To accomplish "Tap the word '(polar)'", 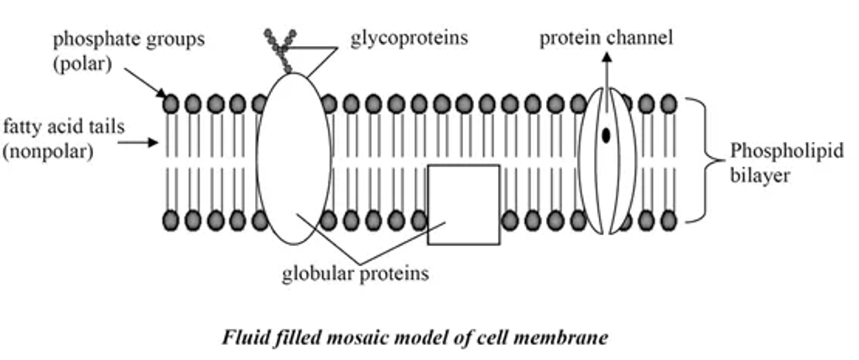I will [82, 63].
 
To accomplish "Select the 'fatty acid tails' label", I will [63, 128].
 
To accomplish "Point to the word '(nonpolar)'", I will [46, 153].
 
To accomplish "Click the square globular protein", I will [463, 204].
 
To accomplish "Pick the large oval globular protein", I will [293, 159].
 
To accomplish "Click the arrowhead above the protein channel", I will [606, 56].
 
